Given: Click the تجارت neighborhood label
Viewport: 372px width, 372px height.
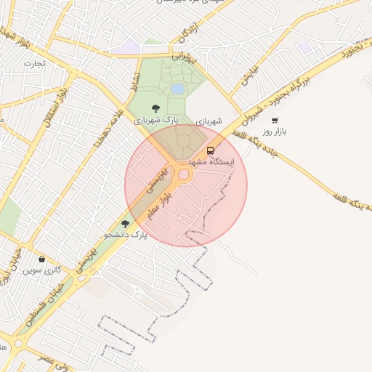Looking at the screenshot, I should (x=34, y=63).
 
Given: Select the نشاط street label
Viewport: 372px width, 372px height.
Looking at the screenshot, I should (x=134, y=81).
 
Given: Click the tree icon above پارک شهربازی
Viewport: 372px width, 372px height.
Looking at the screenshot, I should (x=156, y=108).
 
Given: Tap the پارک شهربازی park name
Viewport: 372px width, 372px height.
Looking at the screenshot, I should (x=158, y=120).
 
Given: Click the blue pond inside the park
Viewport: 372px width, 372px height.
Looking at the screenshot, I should (x=177, y=89).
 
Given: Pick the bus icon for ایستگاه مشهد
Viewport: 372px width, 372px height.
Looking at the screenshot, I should (x=211, y=150).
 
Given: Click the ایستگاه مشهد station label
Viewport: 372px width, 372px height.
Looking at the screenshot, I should (x=211, y=161).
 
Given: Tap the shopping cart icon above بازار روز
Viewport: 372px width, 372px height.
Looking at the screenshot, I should (x=275, y=121).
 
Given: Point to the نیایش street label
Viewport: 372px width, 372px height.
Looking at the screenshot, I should (x=249, y=78).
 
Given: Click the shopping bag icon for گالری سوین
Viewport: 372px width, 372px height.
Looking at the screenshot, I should (x=41, y=259).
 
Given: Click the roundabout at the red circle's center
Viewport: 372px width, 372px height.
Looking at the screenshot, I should (x=184, y=174).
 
